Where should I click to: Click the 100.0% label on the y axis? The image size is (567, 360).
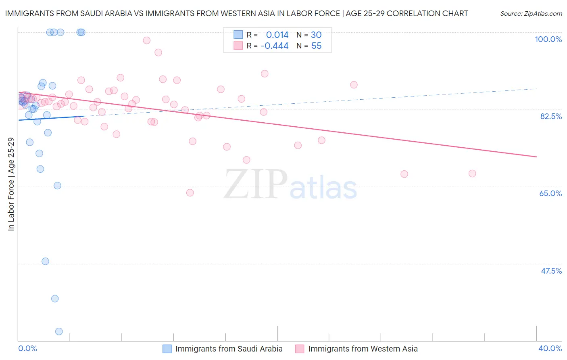548,39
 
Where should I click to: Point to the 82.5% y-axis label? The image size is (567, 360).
551,116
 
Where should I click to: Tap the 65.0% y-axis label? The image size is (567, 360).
550,193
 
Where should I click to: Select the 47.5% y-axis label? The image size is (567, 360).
551,271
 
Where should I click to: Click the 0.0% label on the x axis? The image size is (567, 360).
27,348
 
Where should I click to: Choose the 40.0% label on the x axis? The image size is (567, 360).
550,348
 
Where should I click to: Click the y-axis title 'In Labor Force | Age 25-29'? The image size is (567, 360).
11,184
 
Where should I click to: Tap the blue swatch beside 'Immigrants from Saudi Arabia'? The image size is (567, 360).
167,349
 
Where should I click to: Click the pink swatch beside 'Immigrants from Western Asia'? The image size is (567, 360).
300,349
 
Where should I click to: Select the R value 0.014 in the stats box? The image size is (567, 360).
277,35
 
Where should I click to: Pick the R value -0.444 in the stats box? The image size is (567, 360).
275,46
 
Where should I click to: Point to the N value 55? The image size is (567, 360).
316,46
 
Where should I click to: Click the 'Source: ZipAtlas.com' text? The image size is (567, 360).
531,14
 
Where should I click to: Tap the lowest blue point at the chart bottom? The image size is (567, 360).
59,331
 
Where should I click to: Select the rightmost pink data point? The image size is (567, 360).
472,174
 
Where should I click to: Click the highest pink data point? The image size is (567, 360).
146,40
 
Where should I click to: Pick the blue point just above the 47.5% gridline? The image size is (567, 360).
45,261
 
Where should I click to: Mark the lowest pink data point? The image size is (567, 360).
190,193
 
